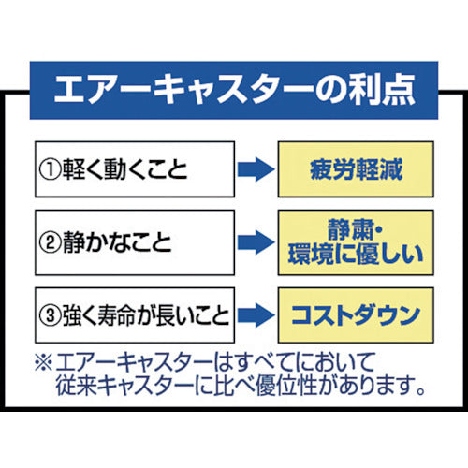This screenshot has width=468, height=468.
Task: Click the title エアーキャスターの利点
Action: (234, 90)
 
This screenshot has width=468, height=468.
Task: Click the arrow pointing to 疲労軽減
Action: (254, 170)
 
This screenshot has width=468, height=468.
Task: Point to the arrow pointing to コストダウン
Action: (254, 312)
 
